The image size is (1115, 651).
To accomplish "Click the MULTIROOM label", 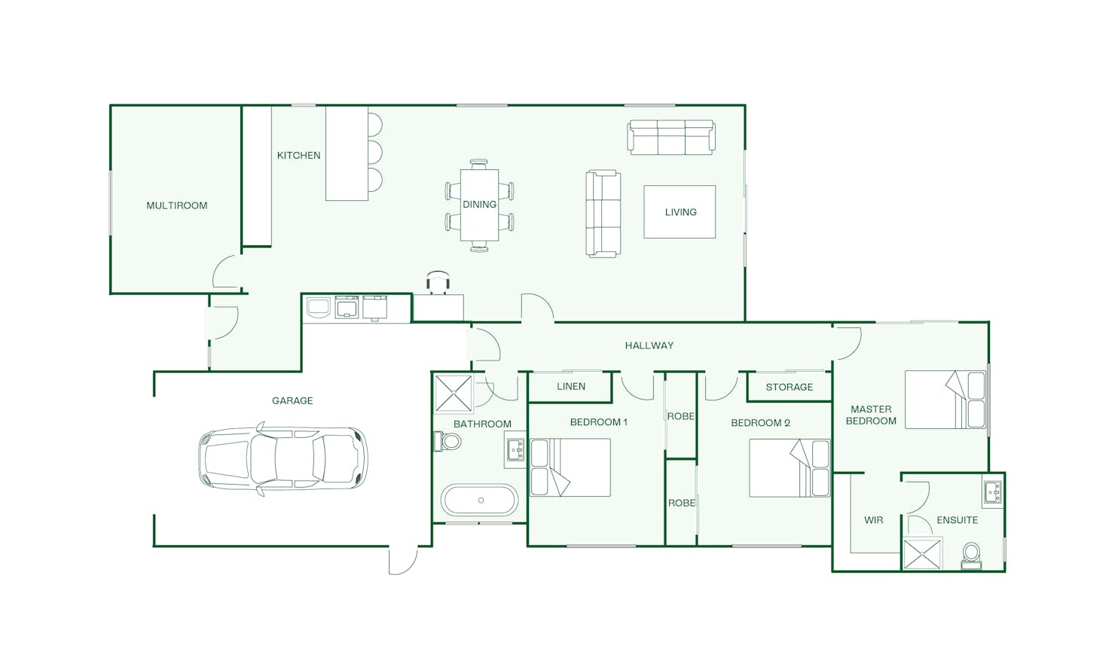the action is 177,205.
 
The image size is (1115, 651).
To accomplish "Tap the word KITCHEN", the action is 298,156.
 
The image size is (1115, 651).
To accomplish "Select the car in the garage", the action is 283,460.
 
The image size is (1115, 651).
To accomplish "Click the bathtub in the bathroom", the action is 480,500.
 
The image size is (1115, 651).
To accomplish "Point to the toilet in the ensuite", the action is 971,555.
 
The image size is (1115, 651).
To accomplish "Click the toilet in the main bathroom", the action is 448,441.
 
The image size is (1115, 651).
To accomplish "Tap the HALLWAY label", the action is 649,345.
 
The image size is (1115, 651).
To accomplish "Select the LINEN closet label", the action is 571,386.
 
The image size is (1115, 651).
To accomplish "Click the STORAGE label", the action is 789,387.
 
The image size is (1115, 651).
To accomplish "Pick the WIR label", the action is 874,520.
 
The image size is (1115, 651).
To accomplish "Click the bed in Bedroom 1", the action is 570,467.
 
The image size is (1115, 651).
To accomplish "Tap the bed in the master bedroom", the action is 945,400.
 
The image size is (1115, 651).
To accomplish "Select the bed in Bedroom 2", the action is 790,467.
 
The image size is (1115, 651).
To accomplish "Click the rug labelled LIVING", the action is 680,212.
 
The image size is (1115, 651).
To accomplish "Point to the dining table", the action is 479,205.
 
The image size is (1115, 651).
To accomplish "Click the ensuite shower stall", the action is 922,553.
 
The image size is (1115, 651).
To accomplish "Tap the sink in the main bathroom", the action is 515,449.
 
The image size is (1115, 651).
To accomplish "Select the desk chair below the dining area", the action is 438,282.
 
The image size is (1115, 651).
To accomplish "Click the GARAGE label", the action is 292,401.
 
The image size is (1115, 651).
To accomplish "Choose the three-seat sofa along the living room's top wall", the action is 671,137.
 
